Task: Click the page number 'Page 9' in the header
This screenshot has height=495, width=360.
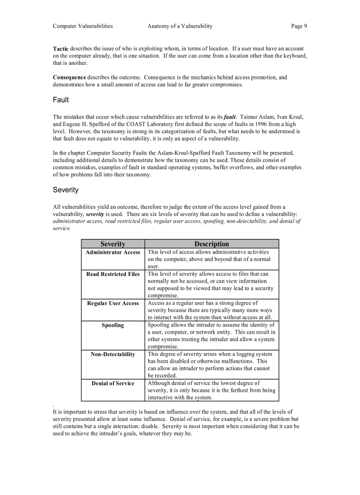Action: [299, 26]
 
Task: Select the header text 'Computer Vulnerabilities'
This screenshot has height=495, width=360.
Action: [82, 26]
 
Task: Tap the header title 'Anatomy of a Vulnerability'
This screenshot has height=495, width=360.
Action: [180, 26]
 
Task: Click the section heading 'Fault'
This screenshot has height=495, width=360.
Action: [61, 100]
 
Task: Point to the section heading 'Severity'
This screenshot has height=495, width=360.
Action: [66, 190]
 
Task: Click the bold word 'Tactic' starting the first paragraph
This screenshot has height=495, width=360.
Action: [61, 48]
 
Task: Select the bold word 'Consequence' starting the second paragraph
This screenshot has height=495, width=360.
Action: [69, 78]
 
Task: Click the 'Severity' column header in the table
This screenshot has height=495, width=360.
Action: [112, 244]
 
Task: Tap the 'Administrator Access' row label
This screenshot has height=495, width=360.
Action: [112, 253]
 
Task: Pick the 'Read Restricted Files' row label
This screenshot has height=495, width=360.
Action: [112, 274]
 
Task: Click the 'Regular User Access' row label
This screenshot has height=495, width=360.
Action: [112, 303]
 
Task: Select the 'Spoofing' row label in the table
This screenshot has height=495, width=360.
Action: [112, 325]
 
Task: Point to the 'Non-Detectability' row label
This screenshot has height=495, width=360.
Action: [112, 354]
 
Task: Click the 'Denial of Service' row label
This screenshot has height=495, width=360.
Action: [112, 383]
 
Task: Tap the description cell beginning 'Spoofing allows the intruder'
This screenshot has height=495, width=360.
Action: [211, 336]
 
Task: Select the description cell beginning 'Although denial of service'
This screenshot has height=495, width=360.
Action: [211, 391]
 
